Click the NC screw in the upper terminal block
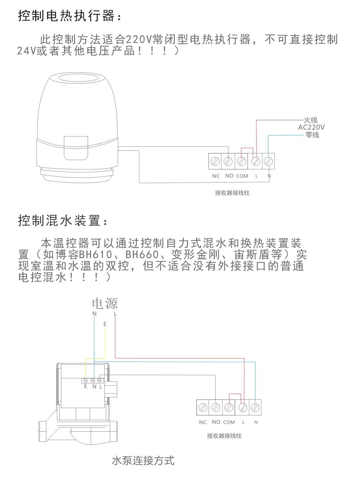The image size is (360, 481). (x=215, y=161)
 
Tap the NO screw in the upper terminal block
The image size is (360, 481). (x=228, y=161)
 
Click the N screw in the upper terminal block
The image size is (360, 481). (x=269, y=161)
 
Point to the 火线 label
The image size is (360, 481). (x=311, y=120)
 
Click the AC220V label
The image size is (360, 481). (x=311, y=127)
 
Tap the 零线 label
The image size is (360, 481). (x=312, y=135)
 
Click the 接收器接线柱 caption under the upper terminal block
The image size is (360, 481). (x=232, y=193)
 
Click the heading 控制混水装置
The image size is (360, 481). (x=62, y=221)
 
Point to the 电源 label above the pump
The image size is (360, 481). (x=105, y=304)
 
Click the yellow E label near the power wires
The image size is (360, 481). (x=105, y=324)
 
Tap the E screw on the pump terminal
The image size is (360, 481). (x=86, y=380)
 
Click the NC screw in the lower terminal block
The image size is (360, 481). (x=203, y=408)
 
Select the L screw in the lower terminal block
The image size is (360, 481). (x=243, y=408)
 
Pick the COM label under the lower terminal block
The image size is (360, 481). (x=229, y=422)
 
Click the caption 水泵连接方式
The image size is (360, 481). (x=143, y=461)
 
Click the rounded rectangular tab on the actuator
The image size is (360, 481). (x=76, y=148)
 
